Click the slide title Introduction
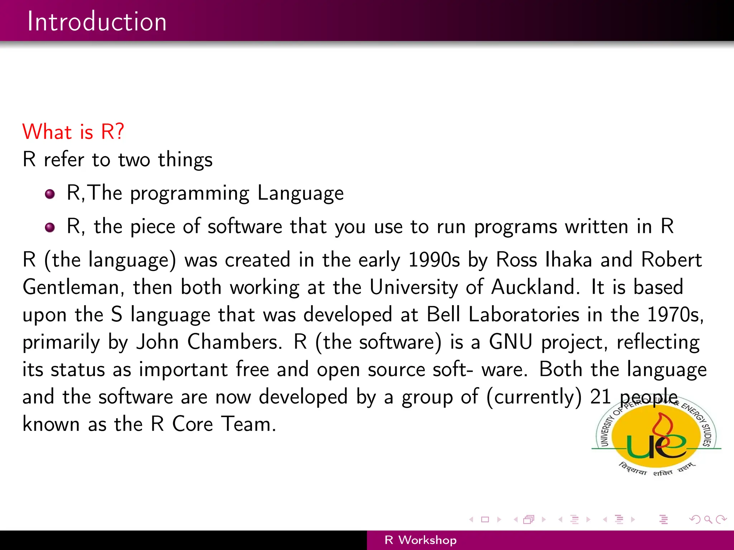coord(97,21)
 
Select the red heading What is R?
coord(73,131)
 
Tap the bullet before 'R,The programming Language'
coord(50,194)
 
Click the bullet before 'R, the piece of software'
coord(50,227)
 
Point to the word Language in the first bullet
coord(300,193)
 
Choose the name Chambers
coord(234,342)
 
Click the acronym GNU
coord(510,342)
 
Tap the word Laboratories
coord(524,315)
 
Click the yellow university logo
coord(656,437)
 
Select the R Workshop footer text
coord(420,540)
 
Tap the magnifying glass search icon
coord(708,519)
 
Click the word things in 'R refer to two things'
coord(185,160)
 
